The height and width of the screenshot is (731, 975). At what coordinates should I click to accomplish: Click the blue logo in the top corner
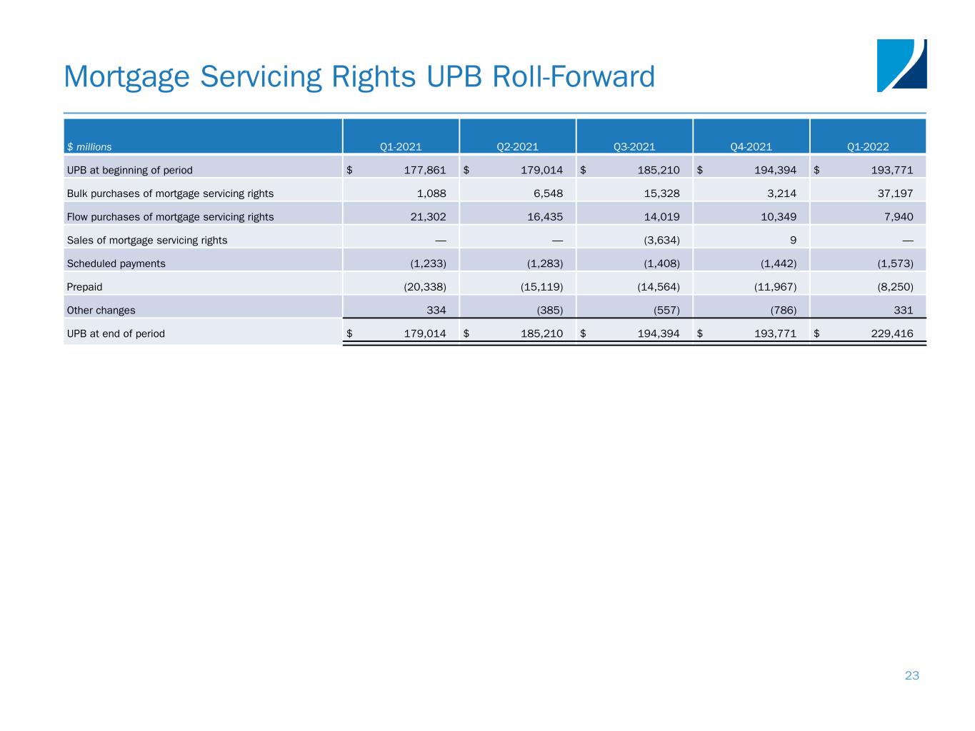pos(901,65)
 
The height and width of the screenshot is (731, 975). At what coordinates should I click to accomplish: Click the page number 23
pos(911,675)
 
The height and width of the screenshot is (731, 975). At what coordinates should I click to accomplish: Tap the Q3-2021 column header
pos(634,147)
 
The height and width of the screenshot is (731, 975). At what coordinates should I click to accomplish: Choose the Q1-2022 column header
pos(868,147)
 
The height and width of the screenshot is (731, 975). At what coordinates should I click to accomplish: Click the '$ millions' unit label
pos(89,147)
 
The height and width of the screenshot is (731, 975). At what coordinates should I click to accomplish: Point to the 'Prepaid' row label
pos(84,287)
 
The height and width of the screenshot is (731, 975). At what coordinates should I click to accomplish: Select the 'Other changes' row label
pos(101,311)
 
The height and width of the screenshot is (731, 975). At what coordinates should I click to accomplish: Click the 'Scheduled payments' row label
pos(116,263)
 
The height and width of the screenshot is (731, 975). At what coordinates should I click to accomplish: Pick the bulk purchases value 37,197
pos(896,193)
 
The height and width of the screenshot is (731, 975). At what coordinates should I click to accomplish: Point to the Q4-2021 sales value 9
pos(793,241)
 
